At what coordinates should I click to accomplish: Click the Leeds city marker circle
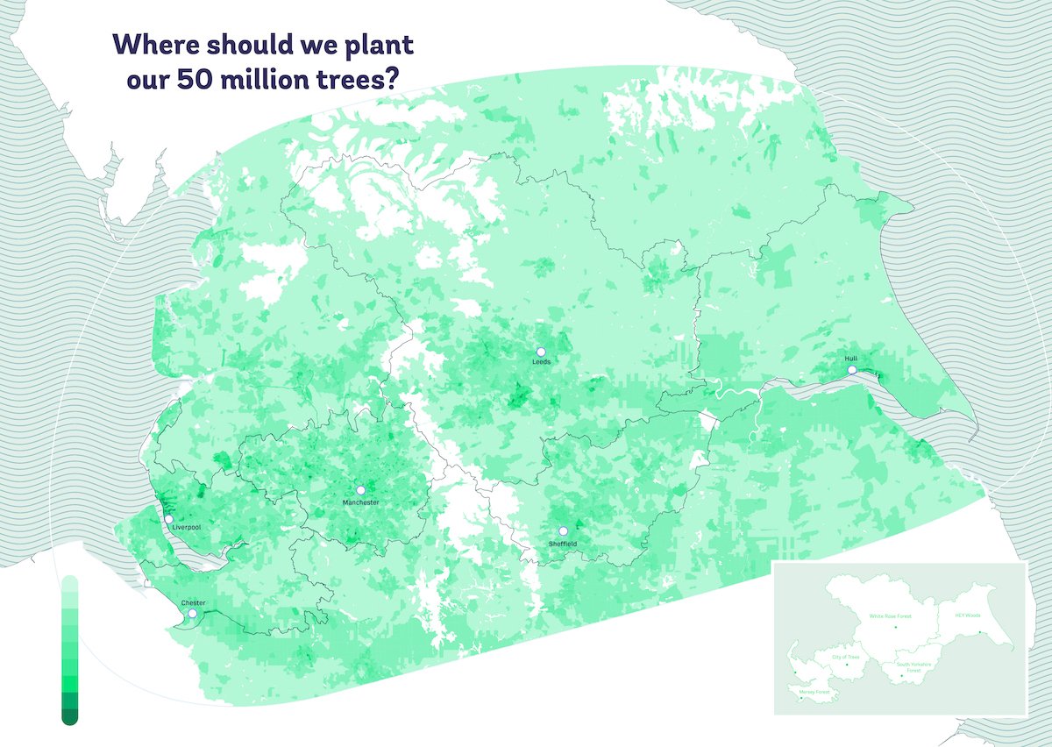coord(541,352)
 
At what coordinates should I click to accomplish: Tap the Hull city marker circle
coord(852,370)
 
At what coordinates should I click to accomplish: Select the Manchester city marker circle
coord(360,490)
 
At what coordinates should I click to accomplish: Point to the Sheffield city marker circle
coord(564,531)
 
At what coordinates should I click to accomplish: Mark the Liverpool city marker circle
coord(168,519)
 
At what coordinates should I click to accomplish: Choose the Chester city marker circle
coord(193,614)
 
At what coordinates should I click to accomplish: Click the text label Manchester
coord(361,502)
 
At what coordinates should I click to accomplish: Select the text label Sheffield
coord(564,544)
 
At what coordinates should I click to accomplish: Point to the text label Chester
coord(193,603)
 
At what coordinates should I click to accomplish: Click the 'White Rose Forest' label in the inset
coord(891,616)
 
